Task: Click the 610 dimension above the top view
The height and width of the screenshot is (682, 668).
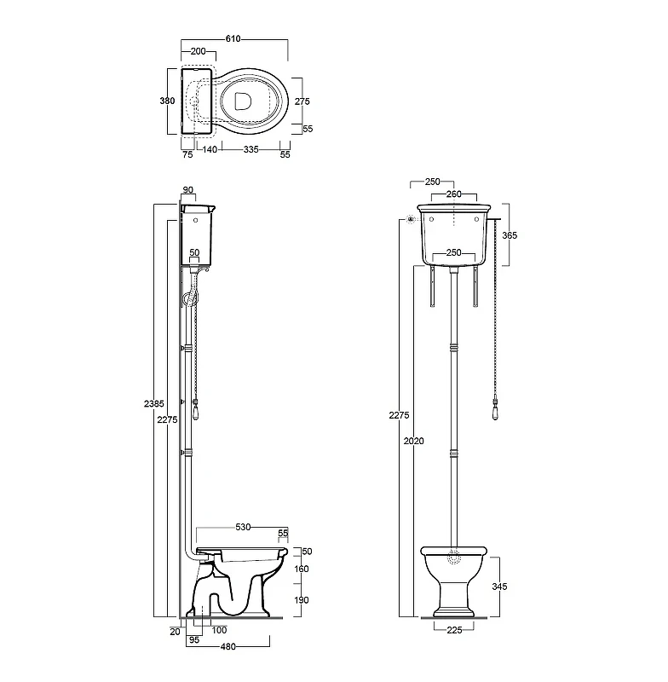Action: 233,38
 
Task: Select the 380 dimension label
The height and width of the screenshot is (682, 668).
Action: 167,101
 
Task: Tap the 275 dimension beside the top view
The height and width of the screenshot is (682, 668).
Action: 302,101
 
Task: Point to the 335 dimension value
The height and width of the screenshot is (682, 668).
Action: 251,149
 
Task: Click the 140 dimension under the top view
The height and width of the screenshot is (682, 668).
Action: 210,149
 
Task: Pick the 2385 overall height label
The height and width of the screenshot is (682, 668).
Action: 154,403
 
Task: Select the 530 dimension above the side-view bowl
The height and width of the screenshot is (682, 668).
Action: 243,527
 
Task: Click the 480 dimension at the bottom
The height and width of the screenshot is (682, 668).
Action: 228,647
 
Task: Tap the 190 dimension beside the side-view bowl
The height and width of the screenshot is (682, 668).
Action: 301,600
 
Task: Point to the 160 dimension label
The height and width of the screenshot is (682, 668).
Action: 301,569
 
